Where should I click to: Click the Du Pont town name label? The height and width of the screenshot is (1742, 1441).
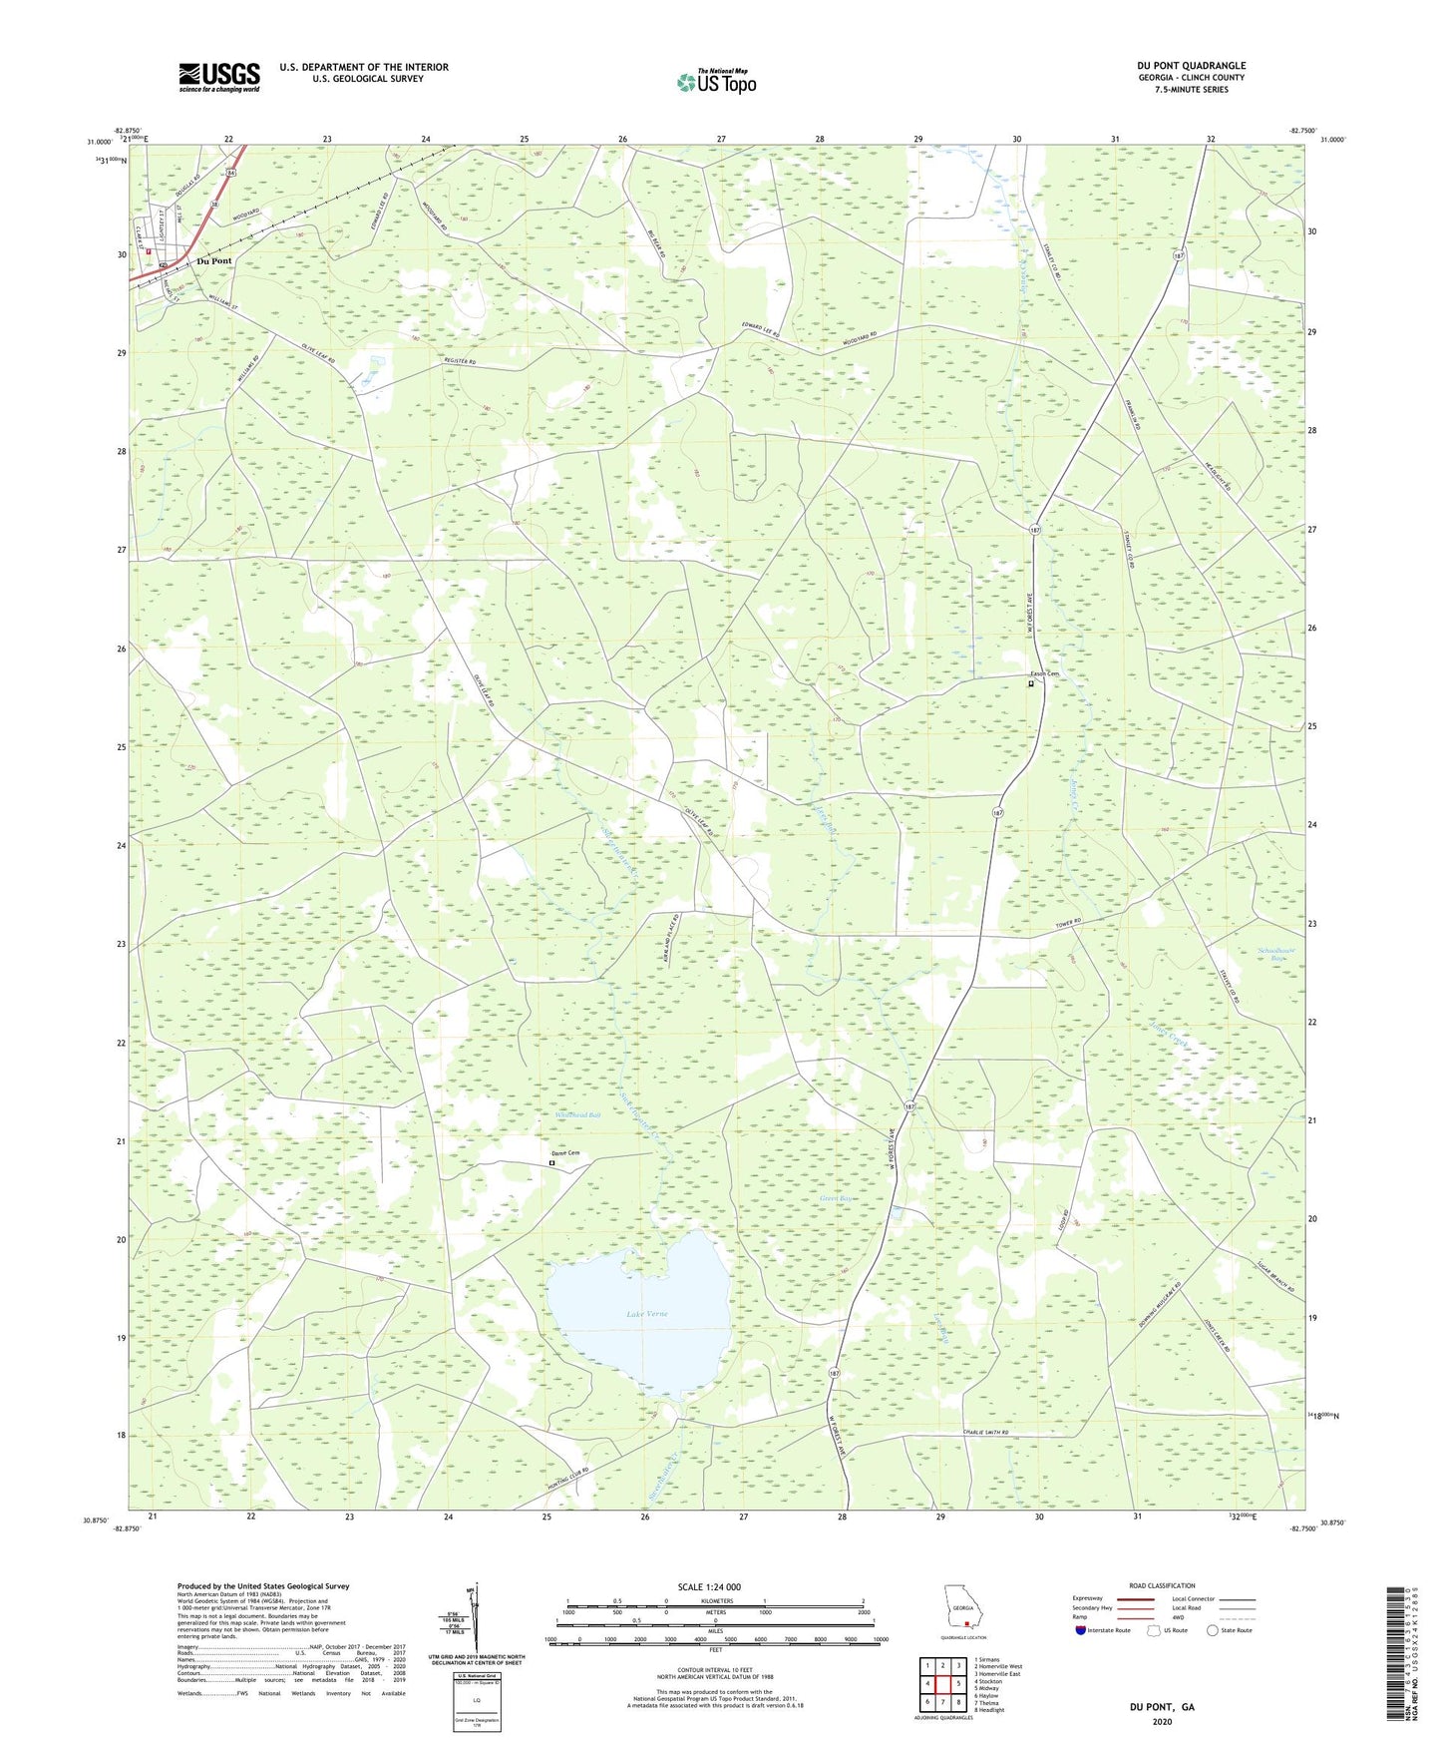(x=213, y=261)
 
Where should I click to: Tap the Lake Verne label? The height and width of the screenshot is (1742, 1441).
(x=646, y=1314)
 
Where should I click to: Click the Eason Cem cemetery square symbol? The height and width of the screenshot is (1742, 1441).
(x=1031, y=684)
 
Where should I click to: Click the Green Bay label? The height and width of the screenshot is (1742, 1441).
(x=836, y=1198)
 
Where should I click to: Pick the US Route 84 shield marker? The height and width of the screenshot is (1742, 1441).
(x=231, y=173)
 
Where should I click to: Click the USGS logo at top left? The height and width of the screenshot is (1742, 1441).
(x=219, y=77)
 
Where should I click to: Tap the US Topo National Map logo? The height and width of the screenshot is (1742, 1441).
(x=716, y=82)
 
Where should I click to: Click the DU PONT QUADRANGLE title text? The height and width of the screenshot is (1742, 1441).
(x=1191, y=66)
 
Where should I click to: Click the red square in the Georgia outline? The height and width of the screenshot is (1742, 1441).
(x=966, y=1623)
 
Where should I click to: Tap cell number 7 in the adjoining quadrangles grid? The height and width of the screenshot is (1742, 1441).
(x=942, y=1702)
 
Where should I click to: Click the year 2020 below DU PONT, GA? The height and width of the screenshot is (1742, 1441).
(x=1162, y=1722)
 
